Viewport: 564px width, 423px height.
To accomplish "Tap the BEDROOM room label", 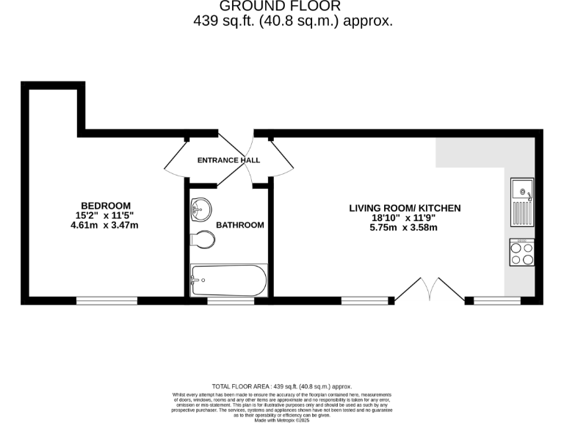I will coord(106,206).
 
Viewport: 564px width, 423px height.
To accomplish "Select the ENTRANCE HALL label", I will coord(228,160).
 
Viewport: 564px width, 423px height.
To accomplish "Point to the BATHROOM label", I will coord(239,225).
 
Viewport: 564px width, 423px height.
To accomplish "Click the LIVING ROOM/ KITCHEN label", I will coord(405,209).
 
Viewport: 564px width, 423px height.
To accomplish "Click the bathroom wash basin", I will coord(200,209).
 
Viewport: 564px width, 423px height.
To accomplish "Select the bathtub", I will coord(228,281).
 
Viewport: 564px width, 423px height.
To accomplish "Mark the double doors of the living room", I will coord(430,289).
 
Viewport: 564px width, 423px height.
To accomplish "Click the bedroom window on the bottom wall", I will coord(106,300).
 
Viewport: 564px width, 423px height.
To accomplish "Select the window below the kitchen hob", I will coord(497,300).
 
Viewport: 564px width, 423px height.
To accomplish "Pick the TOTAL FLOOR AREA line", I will coord(282,386).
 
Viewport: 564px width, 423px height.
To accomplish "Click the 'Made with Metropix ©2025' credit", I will coord(282,420).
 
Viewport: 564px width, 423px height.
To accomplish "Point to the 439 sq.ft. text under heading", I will coord(293,21).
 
